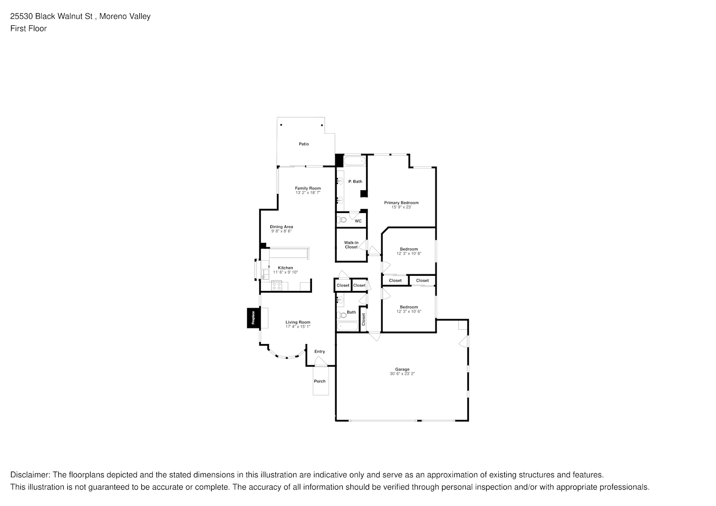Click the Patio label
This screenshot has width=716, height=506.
click(x=303, y=144)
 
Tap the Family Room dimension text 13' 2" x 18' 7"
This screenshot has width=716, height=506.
click(x=308, y=193)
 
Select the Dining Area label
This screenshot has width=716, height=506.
click(x=281, y=227)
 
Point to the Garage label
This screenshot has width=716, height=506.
click(x=402, y=369)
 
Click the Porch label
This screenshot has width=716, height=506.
click(x=320, y=382)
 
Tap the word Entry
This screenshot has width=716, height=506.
click(x=320, y=352)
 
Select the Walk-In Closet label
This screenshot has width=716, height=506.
click(x=351, y=245)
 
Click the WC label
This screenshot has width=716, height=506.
click(x=358, y=221)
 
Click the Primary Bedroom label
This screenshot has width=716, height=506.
click(x=401, y=203)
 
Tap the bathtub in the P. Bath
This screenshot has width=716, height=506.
click(x=354, y=161)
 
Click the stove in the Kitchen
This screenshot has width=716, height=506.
click(x=276, y=286)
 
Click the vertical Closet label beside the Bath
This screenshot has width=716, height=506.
click(x=363, y=319)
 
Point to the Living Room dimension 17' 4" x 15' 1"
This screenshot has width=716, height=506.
click(x=298, y=327)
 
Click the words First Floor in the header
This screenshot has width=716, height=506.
click(x=28, y=28)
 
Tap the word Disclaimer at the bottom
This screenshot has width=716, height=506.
click(x=30, y=475)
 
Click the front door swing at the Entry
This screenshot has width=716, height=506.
click(x=320, y=361)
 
